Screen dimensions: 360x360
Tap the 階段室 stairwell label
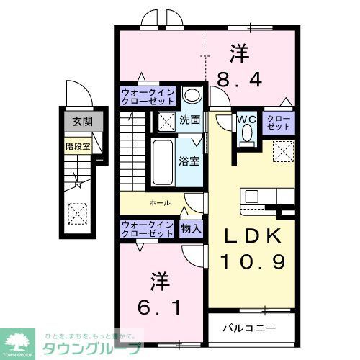pyautogui.click(x=77, y=145)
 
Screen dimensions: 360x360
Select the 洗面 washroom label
pyautogui.click(x=190, y=120)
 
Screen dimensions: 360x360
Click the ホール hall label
pyautogui.click(x=160, y=203)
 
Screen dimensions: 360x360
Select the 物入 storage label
pyautogui.click(x=191, y=228)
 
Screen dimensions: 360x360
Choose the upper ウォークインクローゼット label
pyautogui.click(x=147, y=97)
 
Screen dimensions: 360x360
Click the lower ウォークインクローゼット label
pyautogui.click(x=147, y=229)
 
